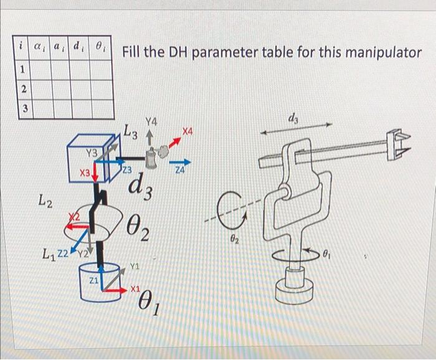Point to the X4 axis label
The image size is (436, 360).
(x=188, y=131)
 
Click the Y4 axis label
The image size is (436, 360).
(x=151, y=121)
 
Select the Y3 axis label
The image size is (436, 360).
(x=92, y=153)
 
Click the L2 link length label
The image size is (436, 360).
(x=45, y=201)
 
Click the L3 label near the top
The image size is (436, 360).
(x=131, y=131)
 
